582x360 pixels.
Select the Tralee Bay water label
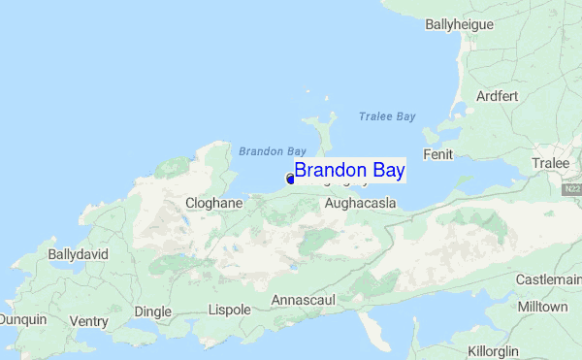pos(386,116)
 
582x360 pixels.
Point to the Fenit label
pos(438,155)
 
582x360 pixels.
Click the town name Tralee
pos(551,163)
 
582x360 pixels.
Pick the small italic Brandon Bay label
pos(273,151)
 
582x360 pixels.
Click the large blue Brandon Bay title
pos(350,171)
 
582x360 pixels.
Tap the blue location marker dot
pos(290,179)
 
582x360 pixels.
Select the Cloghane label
pos(213,204)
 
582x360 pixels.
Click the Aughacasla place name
pos(360,205)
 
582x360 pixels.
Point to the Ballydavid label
pos(78,254)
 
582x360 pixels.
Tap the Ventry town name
pos(89,321)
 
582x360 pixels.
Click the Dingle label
pos(152,311)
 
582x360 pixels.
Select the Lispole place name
pos(230,311)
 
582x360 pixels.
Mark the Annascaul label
pos(303,301)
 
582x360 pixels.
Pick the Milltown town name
pos(543,307)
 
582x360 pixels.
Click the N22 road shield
pos(572,189)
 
